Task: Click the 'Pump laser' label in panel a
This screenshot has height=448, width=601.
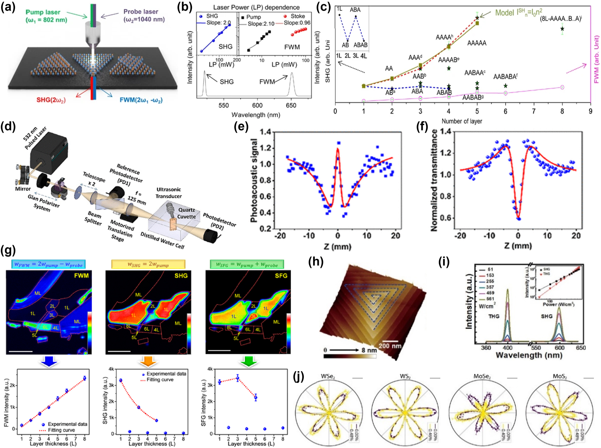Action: point(43,12)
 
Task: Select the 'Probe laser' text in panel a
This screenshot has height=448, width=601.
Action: point(141,12)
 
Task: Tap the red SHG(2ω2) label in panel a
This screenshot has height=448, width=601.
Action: point(51,100)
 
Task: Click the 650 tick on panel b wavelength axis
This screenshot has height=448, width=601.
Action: point(291,105)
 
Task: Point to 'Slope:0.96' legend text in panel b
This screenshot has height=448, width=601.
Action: point(297,23)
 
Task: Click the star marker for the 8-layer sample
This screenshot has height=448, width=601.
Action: point(562,29)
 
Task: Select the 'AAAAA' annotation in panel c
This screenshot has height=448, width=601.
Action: point(477,43)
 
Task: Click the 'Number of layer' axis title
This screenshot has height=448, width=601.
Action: point(462,121)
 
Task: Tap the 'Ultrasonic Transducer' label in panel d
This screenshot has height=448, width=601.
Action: point(169,193)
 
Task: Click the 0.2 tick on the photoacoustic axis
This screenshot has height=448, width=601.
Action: point(265,229)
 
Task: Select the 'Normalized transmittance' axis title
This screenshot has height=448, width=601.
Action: point(434,180)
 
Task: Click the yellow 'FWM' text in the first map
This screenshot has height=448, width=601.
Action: point(81,276)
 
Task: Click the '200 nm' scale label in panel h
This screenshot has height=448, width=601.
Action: point(390,346)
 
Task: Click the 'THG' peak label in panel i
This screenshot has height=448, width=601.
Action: point(494,316)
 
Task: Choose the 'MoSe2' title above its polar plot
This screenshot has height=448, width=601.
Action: point(482,376)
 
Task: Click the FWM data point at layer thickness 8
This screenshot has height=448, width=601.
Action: point(84,378)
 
